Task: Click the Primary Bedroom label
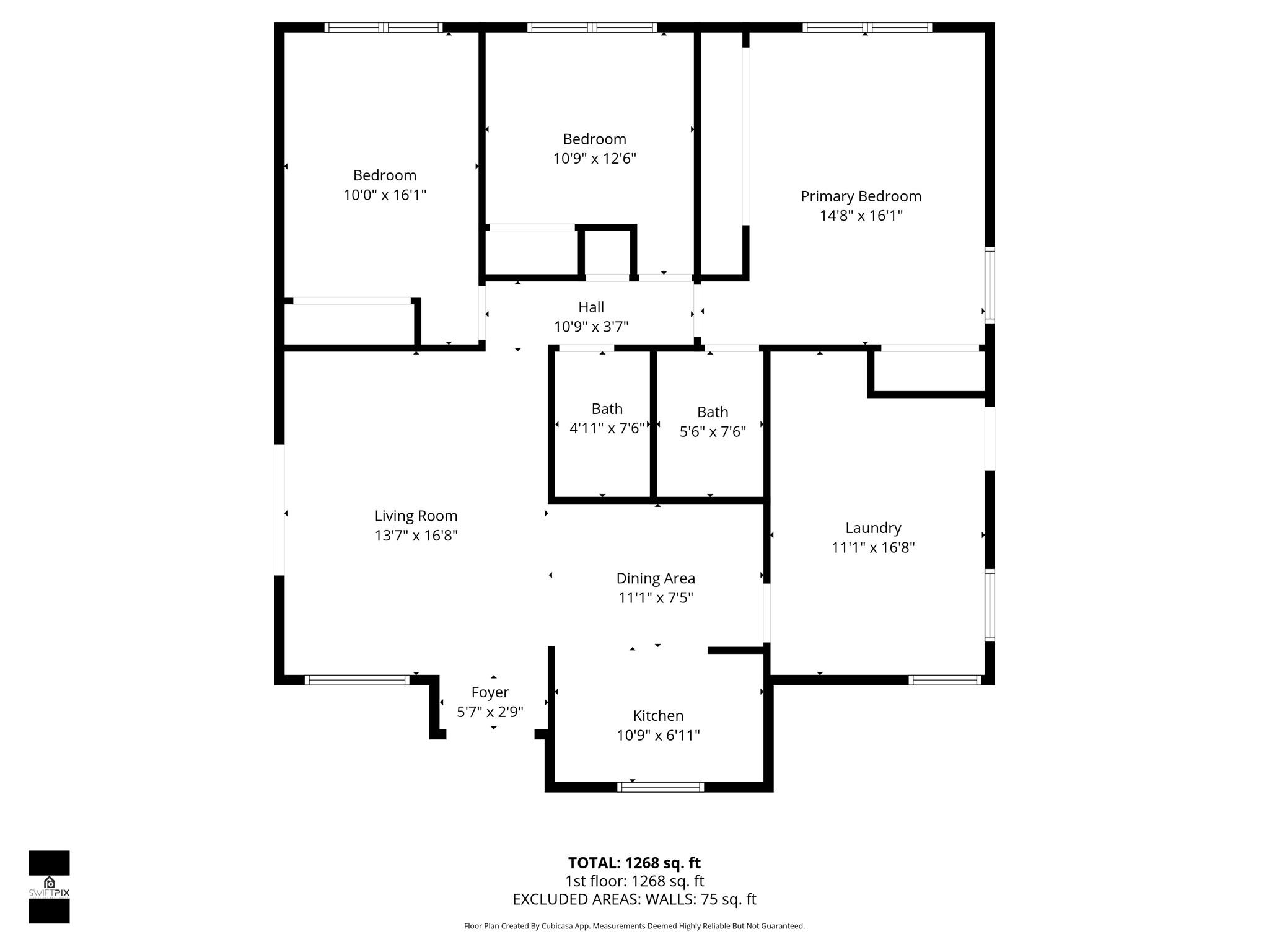tap(861, 196)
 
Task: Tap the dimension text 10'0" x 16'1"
tap(385, 195)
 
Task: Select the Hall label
tap(591, 307)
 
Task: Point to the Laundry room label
tap(873, 528)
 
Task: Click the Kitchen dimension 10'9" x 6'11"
tap(658, 736)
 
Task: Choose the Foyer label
tap(490, 692)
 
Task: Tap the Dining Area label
tap(656, 578)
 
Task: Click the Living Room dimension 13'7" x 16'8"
tap(416, 535)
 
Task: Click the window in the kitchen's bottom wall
tap(661, 787)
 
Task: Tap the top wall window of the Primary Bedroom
tap(867, 27)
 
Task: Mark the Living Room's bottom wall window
tap(357, 680)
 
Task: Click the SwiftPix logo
tap(49, 887)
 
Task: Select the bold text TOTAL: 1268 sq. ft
tap(634, 863)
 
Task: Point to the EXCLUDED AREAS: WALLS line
tap(634, 899)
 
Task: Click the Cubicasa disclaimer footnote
tap(634, 926)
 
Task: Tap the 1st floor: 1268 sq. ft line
tap(634, 881)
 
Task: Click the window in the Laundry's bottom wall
tap(944, 680)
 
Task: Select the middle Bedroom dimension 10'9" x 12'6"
tap(594, 159)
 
